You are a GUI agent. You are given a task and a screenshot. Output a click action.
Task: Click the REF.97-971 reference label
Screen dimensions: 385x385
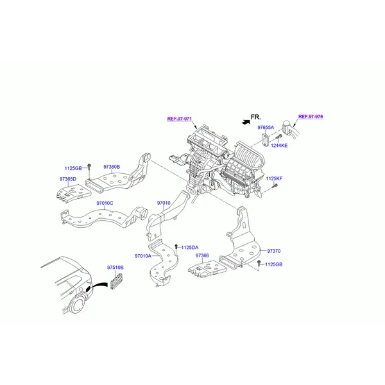(180, 119)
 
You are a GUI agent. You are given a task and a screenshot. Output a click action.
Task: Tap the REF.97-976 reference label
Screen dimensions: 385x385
(311, 117)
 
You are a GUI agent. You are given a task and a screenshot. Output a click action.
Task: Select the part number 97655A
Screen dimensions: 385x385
(266, 128)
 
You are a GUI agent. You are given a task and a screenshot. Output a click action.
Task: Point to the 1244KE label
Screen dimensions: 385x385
(279, 146)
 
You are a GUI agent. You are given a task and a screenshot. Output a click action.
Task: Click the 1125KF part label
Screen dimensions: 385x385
(274, 178)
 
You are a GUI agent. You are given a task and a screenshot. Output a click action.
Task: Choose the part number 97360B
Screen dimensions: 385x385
(112, 167)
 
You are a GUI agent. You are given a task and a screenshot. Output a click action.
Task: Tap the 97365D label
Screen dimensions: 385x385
(68, 179)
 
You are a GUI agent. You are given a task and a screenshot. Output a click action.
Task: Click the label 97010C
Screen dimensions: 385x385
(105, 203)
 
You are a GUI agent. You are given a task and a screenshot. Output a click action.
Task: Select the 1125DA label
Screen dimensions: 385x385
(190, 248)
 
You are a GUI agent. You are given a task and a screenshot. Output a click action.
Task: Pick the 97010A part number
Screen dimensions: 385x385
(143, 256)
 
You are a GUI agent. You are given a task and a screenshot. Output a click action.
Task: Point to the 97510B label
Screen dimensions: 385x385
(116, 268)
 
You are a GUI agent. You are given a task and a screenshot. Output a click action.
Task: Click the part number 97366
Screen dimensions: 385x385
(202, 255)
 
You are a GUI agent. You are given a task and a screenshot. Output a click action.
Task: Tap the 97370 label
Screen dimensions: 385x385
(274, 251)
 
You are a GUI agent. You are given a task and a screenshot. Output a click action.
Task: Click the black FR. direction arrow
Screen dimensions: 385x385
(246, 122)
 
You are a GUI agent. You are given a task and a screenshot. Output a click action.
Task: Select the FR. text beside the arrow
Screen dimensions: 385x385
(255, 117)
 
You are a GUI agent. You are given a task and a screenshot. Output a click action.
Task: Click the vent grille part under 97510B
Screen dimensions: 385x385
(116, 281)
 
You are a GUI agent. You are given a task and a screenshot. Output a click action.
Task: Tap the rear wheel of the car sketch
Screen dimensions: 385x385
(78, 305)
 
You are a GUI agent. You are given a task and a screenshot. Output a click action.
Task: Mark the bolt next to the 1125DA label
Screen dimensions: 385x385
(176, 247)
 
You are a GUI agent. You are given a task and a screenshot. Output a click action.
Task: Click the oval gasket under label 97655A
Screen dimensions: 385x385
(265, 139)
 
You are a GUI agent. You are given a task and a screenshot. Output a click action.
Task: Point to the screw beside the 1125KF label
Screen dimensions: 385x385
(275, 186)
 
